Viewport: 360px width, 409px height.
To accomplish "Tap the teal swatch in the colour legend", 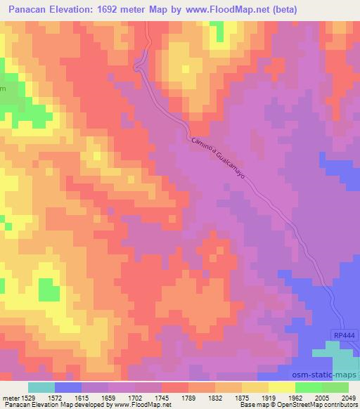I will point(41,387).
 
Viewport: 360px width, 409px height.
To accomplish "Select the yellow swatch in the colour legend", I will point(282,387).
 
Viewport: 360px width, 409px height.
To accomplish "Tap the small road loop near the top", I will point(139,66).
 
